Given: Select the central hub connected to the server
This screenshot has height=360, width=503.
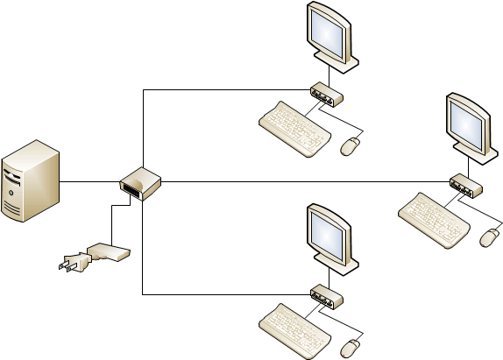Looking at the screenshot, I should [x=140, y=183].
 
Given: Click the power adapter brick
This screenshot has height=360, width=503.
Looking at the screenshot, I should [x=110, y=253].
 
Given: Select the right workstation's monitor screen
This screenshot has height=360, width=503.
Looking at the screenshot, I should [x=466, y=121].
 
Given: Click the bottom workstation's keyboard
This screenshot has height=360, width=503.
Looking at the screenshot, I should [x=294, y=328].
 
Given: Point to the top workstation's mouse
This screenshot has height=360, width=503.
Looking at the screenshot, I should [x=350, y=146].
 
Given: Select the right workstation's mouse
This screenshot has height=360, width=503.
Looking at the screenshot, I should [x=489, y=236].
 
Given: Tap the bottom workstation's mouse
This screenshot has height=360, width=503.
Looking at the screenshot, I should [x=350, y=347].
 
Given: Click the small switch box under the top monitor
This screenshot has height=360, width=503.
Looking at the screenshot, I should [x=326, y=94].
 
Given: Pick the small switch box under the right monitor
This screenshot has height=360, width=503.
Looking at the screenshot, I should [x=465, y=185].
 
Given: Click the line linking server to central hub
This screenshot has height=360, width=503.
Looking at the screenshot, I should [x=89, y=181].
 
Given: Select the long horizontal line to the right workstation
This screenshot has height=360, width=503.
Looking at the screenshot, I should [x=307, y=181].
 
